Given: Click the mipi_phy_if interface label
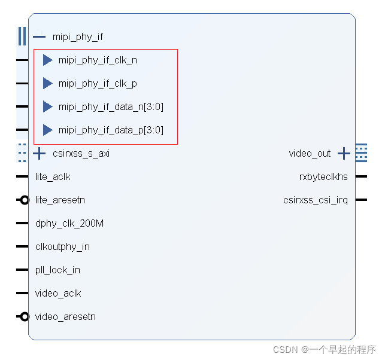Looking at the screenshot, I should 77,36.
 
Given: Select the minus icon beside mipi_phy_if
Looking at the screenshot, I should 39,36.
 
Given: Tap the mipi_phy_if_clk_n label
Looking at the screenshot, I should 98,60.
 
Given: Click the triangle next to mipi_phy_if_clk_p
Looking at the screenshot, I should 47,83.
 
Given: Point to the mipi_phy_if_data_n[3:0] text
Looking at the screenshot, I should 111,106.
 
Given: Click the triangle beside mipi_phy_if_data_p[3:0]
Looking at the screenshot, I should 47,130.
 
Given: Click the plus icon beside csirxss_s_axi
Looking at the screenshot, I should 39,154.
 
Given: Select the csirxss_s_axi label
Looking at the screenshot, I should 81,154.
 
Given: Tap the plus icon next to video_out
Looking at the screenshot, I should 344,154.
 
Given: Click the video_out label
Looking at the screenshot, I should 310,154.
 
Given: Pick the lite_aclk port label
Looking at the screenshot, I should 53,176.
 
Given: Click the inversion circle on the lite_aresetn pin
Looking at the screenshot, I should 25,200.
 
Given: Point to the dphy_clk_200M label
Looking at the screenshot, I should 69,223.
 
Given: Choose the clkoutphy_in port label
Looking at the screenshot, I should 62,246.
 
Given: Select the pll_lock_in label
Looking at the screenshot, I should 57,270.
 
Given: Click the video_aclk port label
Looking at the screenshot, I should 58,293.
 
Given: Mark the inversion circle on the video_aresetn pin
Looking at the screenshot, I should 25,316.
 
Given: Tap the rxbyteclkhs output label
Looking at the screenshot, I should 323,176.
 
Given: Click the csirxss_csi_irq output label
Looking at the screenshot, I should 315,200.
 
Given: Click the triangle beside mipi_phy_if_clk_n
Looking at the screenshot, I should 47,60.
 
